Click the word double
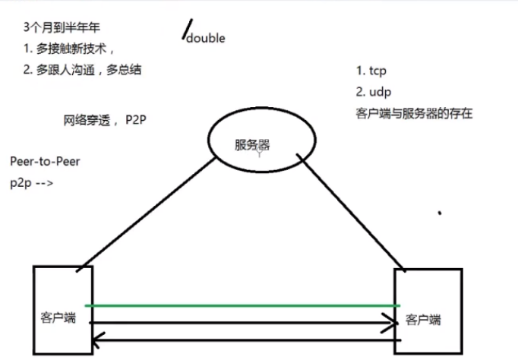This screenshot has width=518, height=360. [x=206, y=39]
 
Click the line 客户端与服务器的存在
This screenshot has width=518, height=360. [x=414, y=114]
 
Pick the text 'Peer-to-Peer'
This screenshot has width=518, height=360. [x=45, y=163]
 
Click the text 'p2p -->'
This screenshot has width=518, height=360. [x=31, y=183]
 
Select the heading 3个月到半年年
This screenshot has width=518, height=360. [x=62, y=30]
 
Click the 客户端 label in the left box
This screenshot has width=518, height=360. [x=58, y=317]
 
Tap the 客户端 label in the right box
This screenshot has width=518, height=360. [x=423, y=319]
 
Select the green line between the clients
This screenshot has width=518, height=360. [x=243, y=305]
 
